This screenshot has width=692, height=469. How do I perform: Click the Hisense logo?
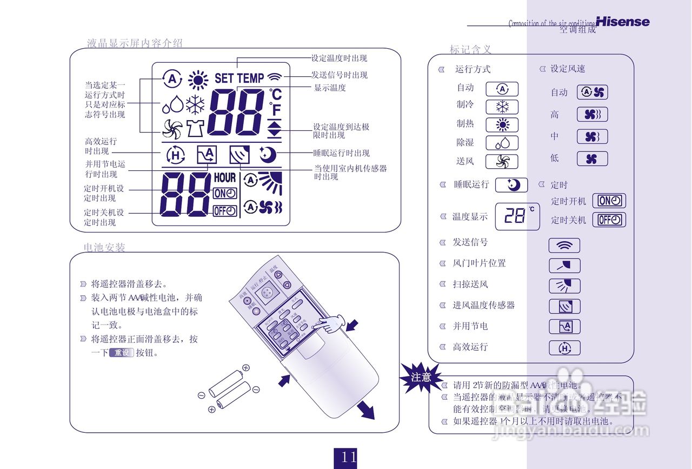[x=622, y=22]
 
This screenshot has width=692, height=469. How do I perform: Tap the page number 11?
[x=348, y=458]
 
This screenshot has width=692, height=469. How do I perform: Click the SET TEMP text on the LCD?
[x=239, y=78]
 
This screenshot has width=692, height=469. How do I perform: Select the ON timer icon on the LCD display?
[x=225, y=194]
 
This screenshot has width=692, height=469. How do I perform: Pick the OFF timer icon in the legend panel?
[x=609, y=220]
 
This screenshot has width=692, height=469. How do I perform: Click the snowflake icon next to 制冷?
[x=502, y=107]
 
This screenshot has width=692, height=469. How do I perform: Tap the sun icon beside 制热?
[x=502, y=125]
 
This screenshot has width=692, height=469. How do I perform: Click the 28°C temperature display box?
[x=517, y=216]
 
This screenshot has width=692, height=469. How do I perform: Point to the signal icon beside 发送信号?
[x=564, y=246]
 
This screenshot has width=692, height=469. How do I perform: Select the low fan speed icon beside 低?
[x=592, y=159]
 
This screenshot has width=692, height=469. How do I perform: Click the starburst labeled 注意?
[x=421, y=377]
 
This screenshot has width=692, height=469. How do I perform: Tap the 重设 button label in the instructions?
[x=121, y=353]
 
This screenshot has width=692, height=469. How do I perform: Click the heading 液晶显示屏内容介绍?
[x=135, y=44]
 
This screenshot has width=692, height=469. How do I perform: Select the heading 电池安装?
[x=104, y=248]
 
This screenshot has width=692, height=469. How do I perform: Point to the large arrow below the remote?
[x=365, y=410]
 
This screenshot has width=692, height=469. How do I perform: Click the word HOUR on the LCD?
[x=225, y=177]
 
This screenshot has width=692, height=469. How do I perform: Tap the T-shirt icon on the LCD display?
[x=196, y=128]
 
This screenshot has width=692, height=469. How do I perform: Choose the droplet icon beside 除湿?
[x=502, y=143]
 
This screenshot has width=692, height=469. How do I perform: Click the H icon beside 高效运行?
[x=564, y=348]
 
